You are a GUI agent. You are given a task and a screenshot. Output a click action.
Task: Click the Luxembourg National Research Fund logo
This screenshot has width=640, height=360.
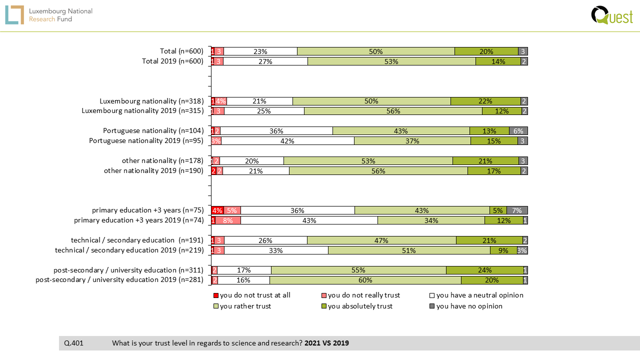(x=49, y=15)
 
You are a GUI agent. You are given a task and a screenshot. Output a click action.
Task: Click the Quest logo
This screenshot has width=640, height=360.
(x=611, y=15)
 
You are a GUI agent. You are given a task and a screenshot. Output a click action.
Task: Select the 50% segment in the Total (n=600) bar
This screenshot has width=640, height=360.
(x=376, y=51)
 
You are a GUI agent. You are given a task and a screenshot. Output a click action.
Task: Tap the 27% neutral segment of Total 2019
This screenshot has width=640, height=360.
(x=265, y=61)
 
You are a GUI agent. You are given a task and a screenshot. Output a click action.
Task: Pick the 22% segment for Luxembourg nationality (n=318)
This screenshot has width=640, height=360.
(x=485, y=101)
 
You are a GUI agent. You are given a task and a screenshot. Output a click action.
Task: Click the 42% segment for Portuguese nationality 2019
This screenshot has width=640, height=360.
(x=287, y=141)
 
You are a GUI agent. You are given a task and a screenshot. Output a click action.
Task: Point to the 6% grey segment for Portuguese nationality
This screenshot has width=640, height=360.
(x=518, y=131)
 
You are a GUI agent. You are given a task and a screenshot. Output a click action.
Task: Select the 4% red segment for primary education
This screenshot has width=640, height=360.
(x=217, y=210)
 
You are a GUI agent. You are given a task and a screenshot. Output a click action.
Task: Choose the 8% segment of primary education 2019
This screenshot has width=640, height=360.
(x=228, y=220)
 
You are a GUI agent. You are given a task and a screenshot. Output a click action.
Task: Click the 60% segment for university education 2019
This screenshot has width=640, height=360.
(x=365, y=280)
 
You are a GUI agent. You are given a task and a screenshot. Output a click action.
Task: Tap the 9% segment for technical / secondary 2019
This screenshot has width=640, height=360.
(x=503, y=250)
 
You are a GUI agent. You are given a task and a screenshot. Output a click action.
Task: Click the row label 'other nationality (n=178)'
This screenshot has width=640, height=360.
(x=162, y=160)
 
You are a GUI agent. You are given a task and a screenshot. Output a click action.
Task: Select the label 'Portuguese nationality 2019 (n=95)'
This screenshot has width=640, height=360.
(x=146, y=140)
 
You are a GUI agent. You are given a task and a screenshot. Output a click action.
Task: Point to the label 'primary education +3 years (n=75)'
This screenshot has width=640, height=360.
(x=147, y=210)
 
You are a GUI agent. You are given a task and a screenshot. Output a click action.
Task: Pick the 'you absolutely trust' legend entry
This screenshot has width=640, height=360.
(x=360, y=306)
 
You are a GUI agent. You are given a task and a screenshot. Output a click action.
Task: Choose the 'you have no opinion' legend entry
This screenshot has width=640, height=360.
(x=469, y=306)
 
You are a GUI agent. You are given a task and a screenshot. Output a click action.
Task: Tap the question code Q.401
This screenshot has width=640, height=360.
(x=74, y=343)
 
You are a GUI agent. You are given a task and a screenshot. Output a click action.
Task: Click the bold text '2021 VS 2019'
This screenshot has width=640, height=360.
(x=326, y=343)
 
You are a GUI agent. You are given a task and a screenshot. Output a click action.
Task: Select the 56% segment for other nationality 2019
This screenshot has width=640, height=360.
(x=378, y=171)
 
